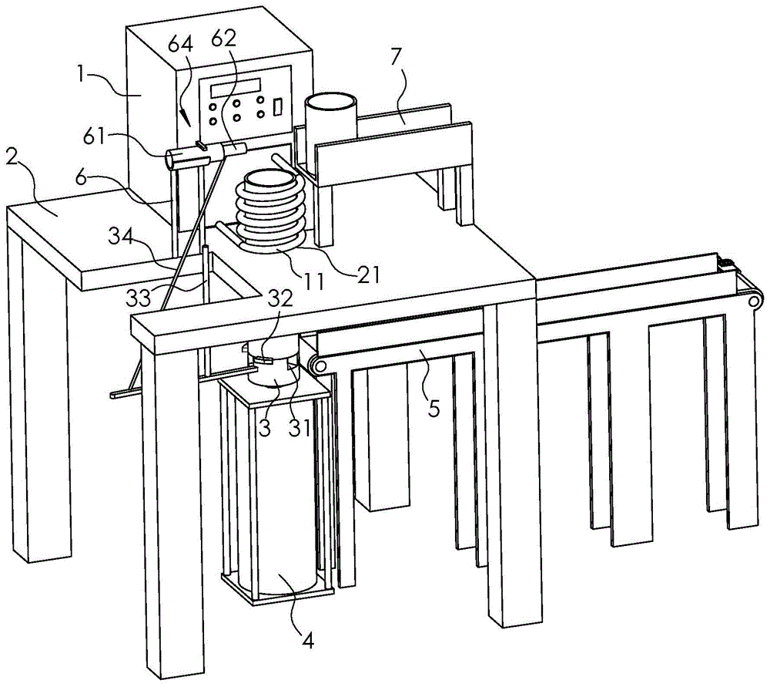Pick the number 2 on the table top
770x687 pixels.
pos(13,158)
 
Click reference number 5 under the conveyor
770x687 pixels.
pos(434,407)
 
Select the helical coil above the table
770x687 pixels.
pos(271,208)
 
